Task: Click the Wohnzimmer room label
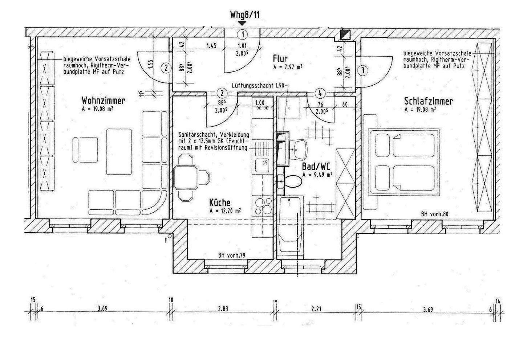(104, 100)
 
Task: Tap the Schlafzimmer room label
(428, 101)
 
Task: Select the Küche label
(220, 202)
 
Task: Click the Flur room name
(280, 59)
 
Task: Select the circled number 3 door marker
(362, 70)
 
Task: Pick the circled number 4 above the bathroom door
(320, 93)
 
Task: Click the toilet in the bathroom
(291, 181)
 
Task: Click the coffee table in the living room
(118, 151)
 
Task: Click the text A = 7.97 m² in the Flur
(288, 67)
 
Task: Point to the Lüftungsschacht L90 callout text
(258, 85)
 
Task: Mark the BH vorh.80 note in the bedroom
(435, 214)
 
